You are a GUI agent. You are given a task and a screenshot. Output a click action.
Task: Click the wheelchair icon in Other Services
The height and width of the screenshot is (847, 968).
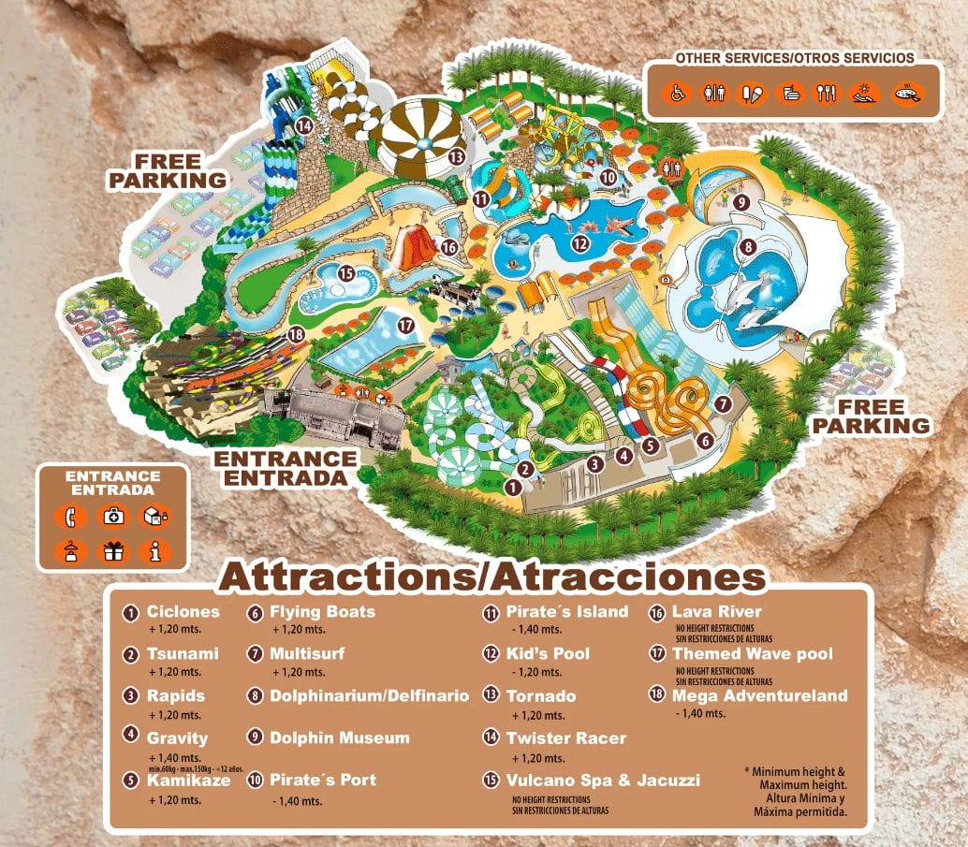point(678,93)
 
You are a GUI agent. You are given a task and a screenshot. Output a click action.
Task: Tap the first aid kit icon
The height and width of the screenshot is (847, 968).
point(111,516)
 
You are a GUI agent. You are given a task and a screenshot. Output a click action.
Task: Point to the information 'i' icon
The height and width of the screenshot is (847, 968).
point(155,551)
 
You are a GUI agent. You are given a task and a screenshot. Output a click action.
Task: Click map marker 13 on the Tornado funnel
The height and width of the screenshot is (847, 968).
point(457,156)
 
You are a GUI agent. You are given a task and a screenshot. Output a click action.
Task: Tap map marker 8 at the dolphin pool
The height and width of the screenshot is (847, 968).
point(748,247)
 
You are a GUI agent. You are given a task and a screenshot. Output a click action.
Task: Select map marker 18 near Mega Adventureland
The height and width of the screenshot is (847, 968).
point(297,334)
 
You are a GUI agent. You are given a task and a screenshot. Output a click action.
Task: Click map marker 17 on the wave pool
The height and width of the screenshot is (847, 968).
point(405,326)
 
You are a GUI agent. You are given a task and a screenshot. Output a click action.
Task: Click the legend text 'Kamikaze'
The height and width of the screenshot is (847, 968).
point(188,780)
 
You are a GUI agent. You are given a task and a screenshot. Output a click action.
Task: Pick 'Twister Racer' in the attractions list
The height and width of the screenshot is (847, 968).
point(565,737)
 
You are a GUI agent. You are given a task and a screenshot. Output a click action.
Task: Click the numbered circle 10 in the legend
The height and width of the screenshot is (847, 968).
point(256,780)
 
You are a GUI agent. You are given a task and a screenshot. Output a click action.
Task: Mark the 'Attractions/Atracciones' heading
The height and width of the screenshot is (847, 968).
point(491,577)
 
